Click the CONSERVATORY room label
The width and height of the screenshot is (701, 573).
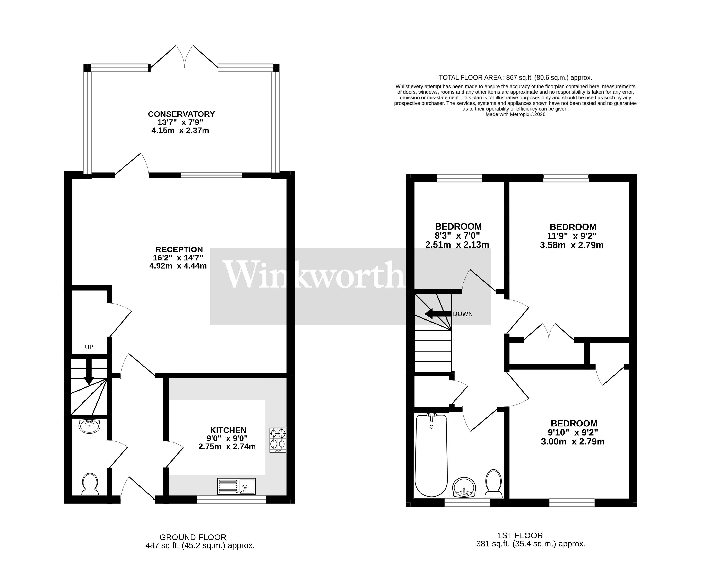click(181, 114)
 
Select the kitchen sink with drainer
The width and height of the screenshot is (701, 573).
click(236, 486)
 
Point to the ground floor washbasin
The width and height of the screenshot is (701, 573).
click(90, 426)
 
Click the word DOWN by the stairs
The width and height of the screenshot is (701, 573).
click(463, 314)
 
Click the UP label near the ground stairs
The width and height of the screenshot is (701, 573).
click(89, 347)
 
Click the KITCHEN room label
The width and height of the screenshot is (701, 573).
click(228, 430)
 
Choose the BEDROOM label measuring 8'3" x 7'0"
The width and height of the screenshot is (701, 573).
click(458, 226)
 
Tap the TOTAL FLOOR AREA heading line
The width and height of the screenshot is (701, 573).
click(515, 78)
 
